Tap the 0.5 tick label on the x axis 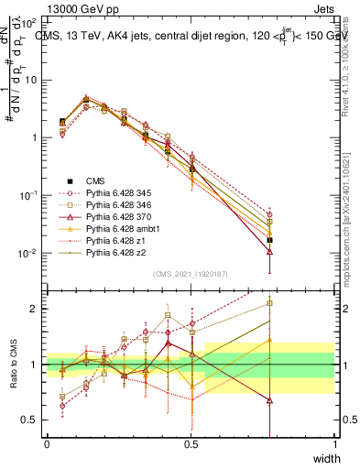click(x=191, y=443)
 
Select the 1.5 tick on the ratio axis click(x=33, y=337)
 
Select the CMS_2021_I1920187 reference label click(x=191, y=274)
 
